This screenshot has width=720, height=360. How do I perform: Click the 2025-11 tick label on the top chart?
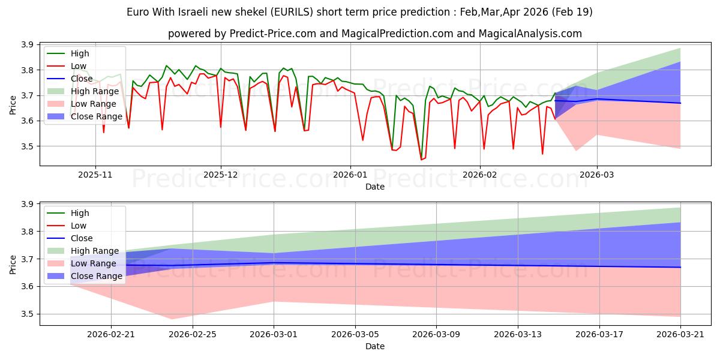point(95,175)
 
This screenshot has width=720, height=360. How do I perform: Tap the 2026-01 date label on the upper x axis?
point(350,175)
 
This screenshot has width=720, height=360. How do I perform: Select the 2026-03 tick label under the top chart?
point(596,175)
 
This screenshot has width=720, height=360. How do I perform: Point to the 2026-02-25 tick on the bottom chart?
point(193,335)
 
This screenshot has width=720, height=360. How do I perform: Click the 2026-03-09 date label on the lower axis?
point(436,335)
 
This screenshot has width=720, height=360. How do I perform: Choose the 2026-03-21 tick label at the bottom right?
point(680,335)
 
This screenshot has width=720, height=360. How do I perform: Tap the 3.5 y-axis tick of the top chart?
point(28,146)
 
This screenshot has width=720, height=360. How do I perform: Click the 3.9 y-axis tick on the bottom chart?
point(28,205)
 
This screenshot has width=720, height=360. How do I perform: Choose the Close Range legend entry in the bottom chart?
point(85,276)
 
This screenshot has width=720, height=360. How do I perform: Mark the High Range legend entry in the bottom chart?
point(83,251)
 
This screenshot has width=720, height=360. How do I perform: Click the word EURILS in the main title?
point(292,12)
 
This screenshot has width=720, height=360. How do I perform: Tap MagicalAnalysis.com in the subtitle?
point(530,34)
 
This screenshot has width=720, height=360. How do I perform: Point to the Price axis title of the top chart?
point(13,105)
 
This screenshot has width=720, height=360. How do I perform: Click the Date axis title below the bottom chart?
point(375,346)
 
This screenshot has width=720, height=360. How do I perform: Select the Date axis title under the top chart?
point(375,187)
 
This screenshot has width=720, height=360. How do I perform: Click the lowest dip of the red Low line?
point(421,160)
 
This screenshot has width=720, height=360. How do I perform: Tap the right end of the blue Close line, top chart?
point(680,103)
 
